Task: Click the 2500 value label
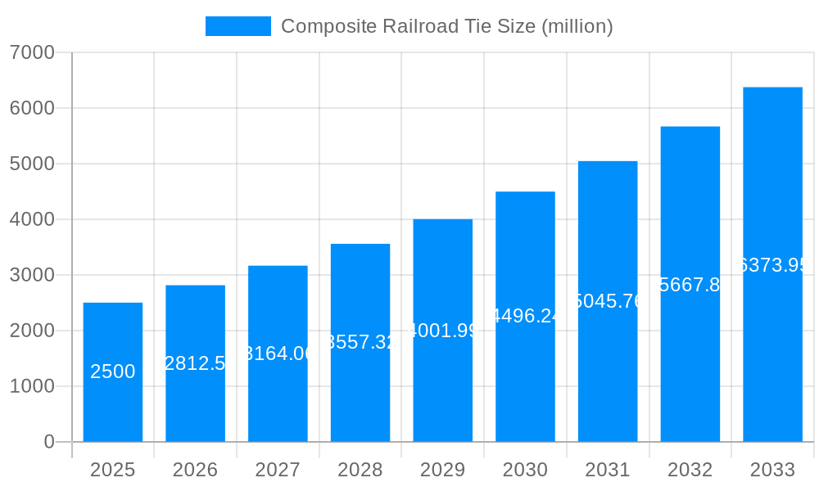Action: (x=113, y=372)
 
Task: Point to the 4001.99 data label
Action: (x=443, y=331)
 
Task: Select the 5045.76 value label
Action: (x=608, y=301)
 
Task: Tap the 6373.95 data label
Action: (x=772, y=265)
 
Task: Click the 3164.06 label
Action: (x=278, y=354)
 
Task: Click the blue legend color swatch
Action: (x=238, y=26)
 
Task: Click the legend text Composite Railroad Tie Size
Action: (x=447, y=26)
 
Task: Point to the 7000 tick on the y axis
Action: (x=32, y=52)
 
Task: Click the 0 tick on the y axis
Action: (x=48, y=442)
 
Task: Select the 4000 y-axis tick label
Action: (x=32, y=219)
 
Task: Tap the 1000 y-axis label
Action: (x=32, y=386)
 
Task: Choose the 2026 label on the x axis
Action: (x=195, y=470)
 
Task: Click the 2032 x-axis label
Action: (x=690, y=470)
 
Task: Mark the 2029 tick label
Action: (x=443, y=470)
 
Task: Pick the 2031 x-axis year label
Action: (x=608, y=470)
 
